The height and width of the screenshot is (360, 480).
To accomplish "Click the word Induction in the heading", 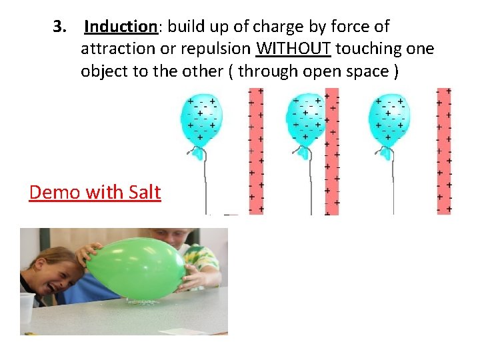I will click(120, 27).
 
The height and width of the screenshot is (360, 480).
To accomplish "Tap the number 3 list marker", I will click(60, 27).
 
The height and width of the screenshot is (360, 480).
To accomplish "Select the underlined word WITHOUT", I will click(293, 49).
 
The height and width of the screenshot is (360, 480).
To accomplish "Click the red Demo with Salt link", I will click(95, 192).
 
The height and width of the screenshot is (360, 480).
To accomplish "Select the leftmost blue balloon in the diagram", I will click(200, 120).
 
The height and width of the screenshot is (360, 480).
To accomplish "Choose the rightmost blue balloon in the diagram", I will click(390, 120).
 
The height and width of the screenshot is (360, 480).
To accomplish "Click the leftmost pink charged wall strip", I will click(255, 151).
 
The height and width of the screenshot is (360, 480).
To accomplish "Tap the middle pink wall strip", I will click(331, 151).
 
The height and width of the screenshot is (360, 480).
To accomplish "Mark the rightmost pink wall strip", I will click(443, 151).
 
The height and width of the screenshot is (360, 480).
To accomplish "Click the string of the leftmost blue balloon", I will click(205, 187).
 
